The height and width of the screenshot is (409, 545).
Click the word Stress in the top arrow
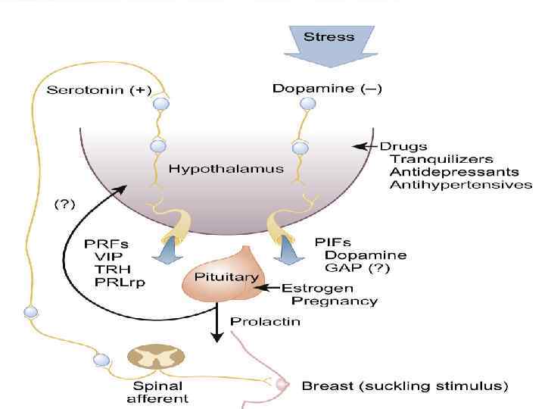329,36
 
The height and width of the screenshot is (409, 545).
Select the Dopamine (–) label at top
327,89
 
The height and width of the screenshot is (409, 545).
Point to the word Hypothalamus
226,169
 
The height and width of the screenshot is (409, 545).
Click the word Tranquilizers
441,159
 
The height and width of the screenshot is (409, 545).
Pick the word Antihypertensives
460,185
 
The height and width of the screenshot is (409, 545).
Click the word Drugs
403,146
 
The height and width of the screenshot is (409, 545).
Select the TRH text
106,269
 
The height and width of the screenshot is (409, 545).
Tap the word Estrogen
317,289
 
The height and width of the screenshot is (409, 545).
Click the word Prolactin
265,321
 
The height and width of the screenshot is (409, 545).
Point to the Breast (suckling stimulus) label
404,386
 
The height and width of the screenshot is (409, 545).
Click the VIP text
104,256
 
